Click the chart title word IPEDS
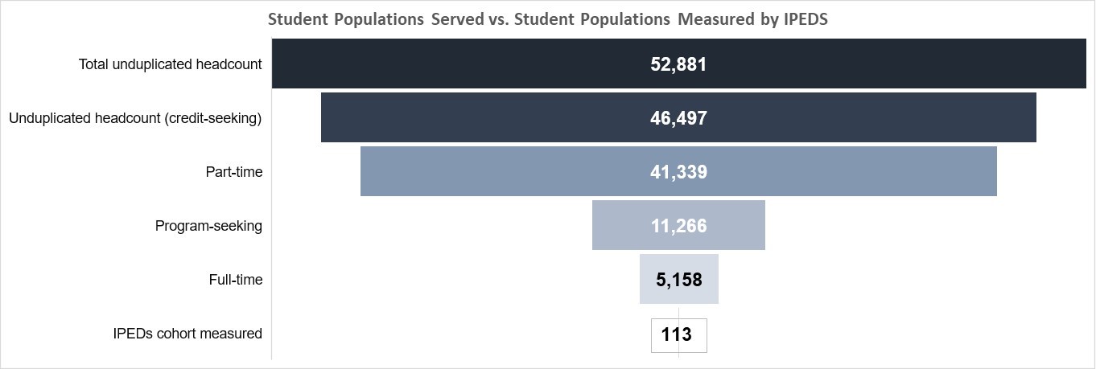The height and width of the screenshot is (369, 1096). pyautogui.click(x=806, y=20)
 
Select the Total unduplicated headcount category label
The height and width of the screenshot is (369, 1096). pyautogui.click(x=170, y=64)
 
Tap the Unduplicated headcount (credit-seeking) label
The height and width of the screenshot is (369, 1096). pyautogui.click(x=135, y=118)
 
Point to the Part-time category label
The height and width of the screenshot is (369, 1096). pyautogui.click(x=234, y=172)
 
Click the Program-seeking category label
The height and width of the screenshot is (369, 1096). pyautogui.click(x=208, y=226)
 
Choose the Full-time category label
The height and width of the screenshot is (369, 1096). pyautogui.click(x=235, y=280)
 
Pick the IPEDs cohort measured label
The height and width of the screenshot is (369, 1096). pyautogui.click(x=187, y=334)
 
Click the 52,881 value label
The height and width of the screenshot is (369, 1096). pyautogui.click(x=678, y=64)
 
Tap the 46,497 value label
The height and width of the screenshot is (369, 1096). pyautogui.click(x=678, y=118)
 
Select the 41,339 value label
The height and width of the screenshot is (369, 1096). pyautogui.click(x=678, y=172)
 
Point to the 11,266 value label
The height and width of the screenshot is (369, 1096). pyautogui.click(x=678, y=226)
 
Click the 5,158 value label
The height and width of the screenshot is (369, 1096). pyautogui.click(x=678, y=280)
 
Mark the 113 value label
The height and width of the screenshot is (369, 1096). pyautogui.click(x=676, y=334)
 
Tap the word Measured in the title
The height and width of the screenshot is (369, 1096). pyautogui.click(x=716, y=20)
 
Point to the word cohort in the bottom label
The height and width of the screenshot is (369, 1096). pyautogui.click(x=179, y=334)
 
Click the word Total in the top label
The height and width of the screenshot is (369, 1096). pyautogui.click(x=93, y=64)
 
